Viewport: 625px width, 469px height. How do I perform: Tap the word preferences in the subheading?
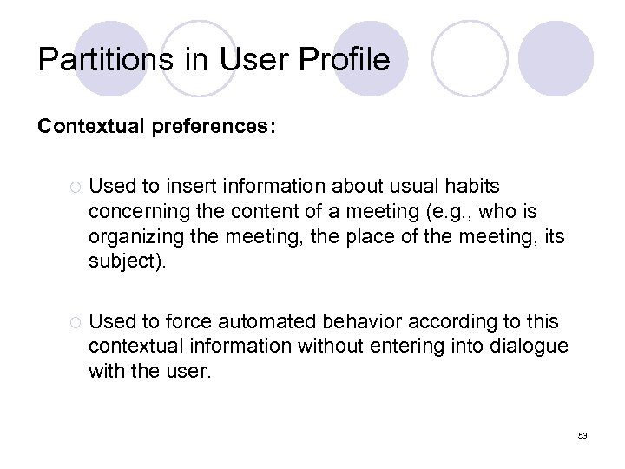(x=216, y=127)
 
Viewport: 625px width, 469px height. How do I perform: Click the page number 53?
(x=582, y=435)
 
